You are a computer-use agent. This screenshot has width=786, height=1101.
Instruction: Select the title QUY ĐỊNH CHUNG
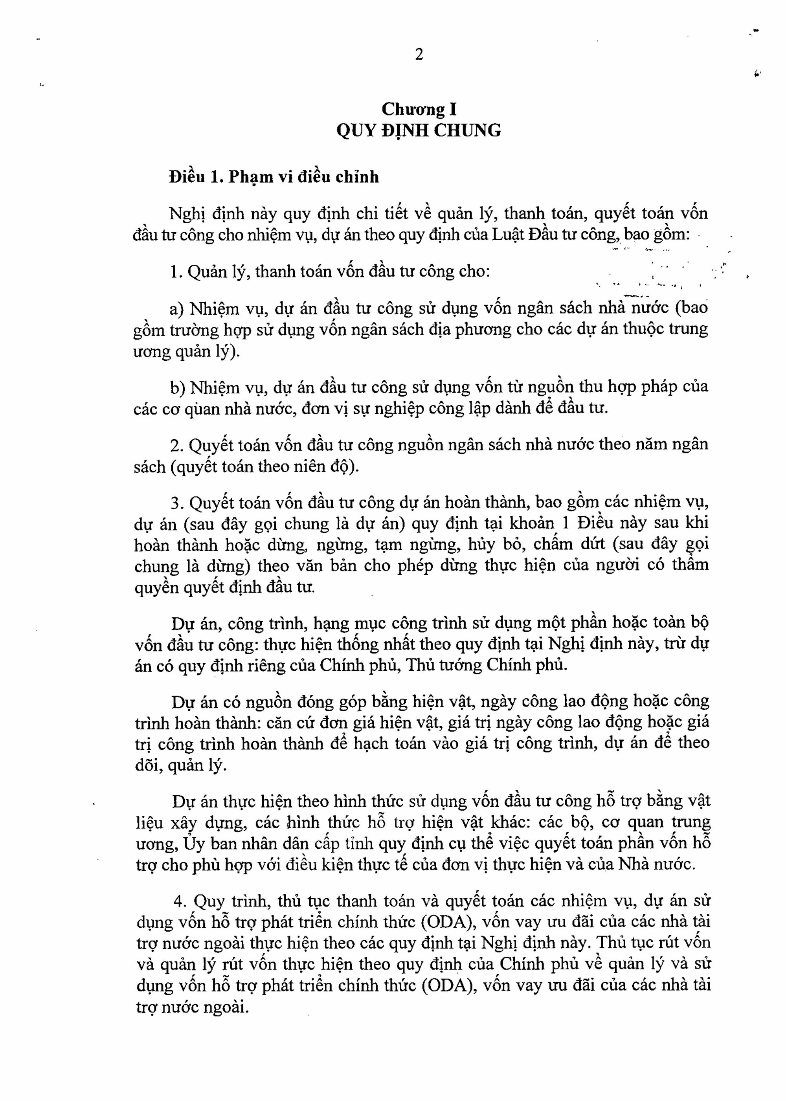(x=419, y=131)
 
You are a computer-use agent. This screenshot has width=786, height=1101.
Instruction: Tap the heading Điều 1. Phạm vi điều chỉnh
(x=274, y=178)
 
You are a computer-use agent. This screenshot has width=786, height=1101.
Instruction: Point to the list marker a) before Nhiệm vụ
(x=177, y=308)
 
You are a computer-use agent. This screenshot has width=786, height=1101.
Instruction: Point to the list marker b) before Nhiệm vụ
(x=178, y=388)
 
